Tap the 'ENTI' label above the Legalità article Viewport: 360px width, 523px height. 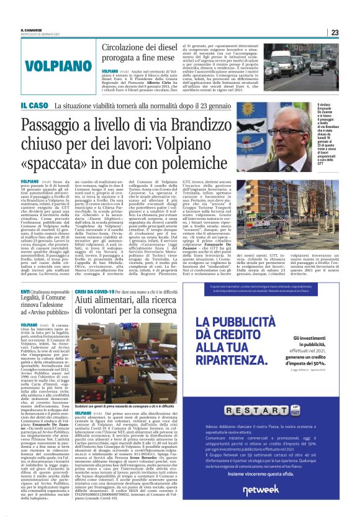pos(25,291)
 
